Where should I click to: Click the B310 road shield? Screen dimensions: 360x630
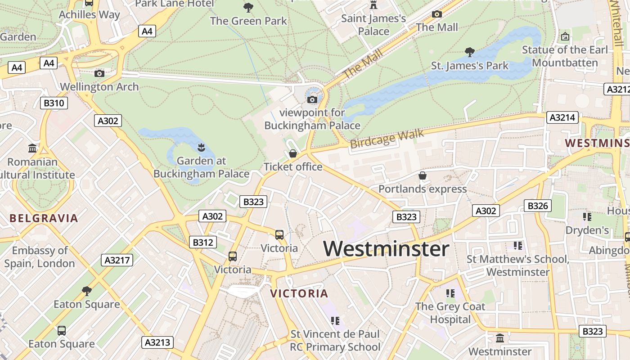point(54,103)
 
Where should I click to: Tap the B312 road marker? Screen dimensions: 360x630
point(202,242)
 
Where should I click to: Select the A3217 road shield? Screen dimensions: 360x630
point(117,260)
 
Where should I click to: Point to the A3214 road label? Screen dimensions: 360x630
point(562,118)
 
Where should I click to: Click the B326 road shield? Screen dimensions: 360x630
point(537,206)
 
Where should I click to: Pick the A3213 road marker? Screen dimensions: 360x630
point(157,342)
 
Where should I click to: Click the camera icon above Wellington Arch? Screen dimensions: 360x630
point(99,73)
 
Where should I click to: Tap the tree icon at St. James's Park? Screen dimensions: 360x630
point(469,52)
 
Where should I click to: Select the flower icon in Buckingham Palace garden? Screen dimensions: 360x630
point(201,147)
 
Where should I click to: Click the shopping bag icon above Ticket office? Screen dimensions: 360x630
point(293,153)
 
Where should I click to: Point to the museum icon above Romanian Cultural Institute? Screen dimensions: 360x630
point(32,148)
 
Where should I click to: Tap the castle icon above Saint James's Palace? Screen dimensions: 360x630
point(373,5)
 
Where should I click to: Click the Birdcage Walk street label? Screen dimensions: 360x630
point(387,139)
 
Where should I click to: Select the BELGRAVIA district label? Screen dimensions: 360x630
point(44,219)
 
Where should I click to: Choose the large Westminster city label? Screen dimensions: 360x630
point(386,249)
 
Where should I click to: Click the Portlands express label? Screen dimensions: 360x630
point(422,189)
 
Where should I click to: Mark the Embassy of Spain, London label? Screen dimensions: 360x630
point(40,257)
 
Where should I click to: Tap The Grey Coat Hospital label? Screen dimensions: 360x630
point(450,313)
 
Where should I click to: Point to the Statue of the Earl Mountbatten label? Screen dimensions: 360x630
point(565,56)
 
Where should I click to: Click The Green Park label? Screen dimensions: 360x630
point(248,21)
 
